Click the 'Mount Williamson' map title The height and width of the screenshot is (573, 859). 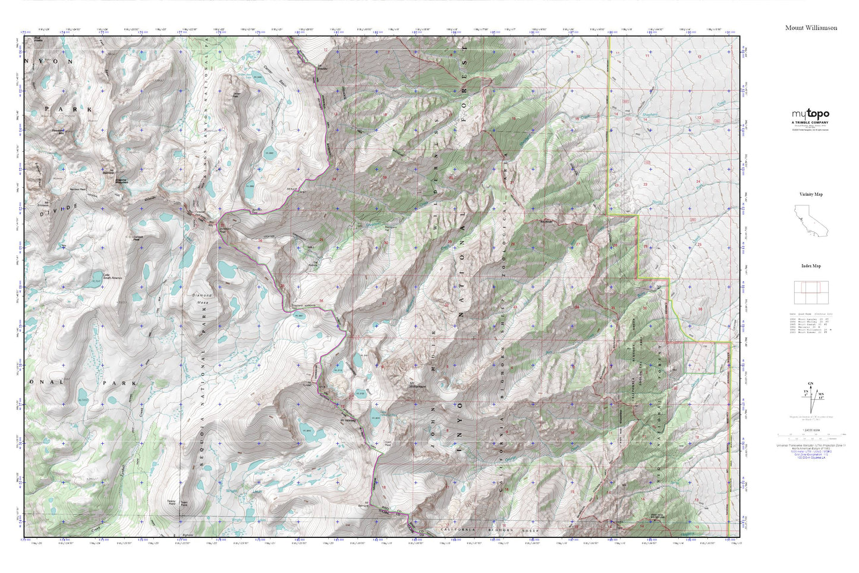pyautogui.click(x=811, y=28)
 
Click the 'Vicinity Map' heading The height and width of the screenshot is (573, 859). pyautogui.click(x=811, y=194)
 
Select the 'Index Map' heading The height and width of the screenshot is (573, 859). pyautogui.click(x=811, y=266)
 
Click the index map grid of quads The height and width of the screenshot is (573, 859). pyautogui.click(x=811, y=292)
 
